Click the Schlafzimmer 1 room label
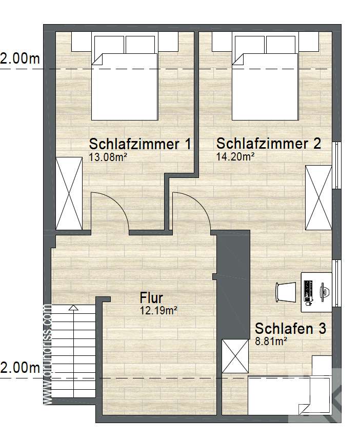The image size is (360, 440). pos(139,144)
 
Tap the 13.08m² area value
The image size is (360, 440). pos(108,157)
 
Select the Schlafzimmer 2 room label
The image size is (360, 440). pos(268,143)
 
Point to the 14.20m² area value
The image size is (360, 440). pos(235,156)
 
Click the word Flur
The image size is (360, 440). pos(151,298)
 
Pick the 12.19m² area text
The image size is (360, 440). pos(158,310)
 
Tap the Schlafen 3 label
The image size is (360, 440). pos(290,328)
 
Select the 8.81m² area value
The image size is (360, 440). pos(271,340)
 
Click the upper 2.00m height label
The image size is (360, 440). pos(20,59)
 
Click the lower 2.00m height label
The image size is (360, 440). pos(20,368)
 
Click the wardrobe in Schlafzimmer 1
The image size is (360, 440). pos(69,194)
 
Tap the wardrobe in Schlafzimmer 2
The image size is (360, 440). pos(318,197)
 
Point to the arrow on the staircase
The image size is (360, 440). pos(73,308)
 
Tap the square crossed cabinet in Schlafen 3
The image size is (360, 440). pos(235,356)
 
